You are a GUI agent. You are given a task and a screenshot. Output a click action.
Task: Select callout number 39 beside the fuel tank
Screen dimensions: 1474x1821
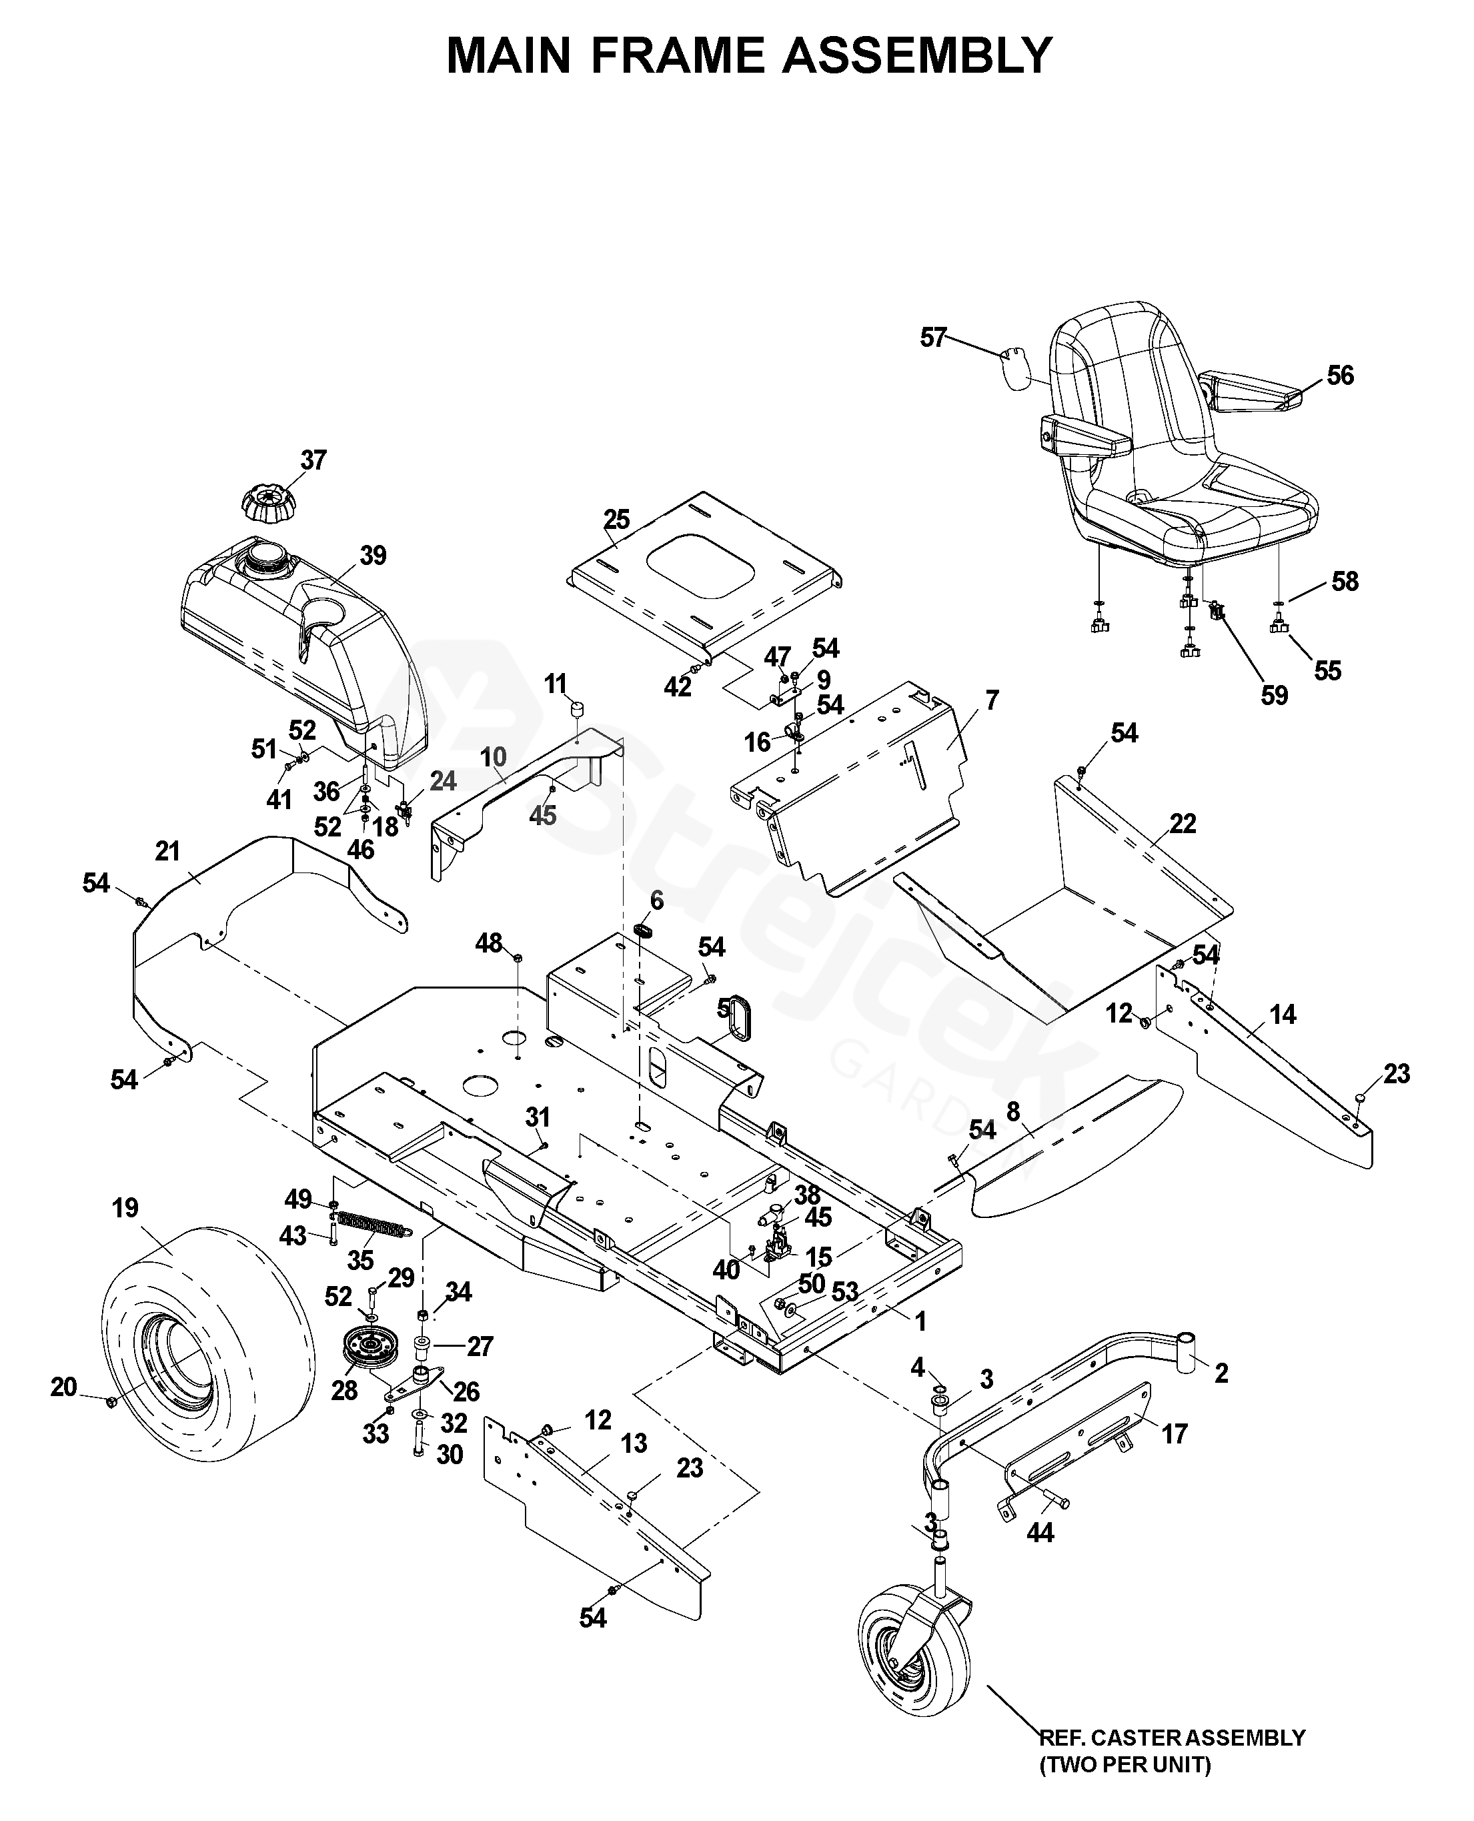point(373,556)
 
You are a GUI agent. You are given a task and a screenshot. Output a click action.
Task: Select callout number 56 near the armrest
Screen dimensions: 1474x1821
point(1340,376)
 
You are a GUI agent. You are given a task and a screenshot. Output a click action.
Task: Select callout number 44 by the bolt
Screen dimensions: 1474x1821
point(1040,1532)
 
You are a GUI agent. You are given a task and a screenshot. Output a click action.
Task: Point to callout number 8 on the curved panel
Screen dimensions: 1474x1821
point(1013,1111)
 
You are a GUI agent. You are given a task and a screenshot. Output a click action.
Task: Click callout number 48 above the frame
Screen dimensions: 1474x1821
point(489,943)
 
